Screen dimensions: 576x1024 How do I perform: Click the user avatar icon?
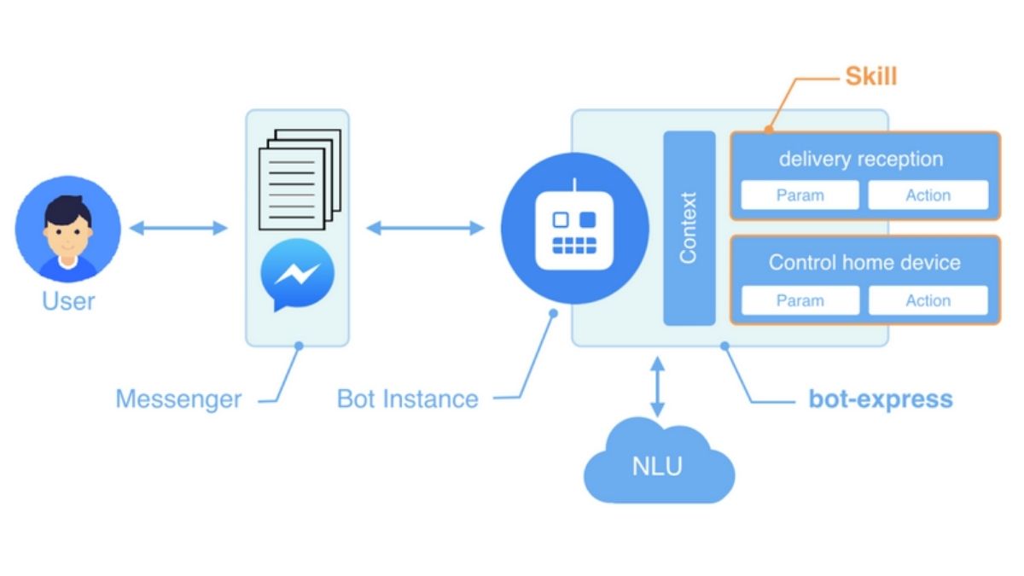click(x=68, y=229)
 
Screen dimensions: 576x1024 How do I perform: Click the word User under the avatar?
click(x=68, y=301)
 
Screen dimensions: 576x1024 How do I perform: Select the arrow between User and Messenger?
click(x=178, y=228)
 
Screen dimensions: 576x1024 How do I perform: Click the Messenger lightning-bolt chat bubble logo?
click(x=297, y=275)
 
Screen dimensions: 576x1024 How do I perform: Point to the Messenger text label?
click(x=178, y=399)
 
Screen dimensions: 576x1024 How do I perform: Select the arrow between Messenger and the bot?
click(x=425, y=228)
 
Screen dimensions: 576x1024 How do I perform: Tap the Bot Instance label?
click(x=408, y=399)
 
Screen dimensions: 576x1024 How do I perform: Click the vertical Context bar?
click(x=689, y=228)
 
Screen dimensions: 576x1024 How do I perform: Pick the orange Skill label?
click(x=870, y=77)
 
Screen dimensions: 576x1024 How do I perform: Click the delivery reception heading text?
click(x=861, y=159)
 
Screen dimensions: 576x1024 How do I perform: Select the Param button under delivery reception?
click(x=800, y=195)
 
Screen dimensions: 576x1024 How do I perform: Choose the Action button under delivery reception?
click(x=928, y=195)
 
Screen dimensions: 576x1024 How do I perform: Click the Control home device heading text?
click(x=864, y=262)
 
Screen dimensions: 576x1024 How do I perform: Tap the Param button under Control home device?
click(x=800, y=300)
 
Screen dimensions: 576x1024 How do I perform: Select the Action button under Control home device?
click(x=928, y=300)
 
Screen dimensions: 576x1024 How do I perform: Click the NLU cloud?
click(x=658, y=466)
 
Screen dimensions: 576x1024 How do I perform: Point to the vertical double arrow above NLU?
click(x=657, y=387)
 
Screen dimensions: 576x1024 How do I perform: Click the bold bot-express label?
click(x=881, y=399)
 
